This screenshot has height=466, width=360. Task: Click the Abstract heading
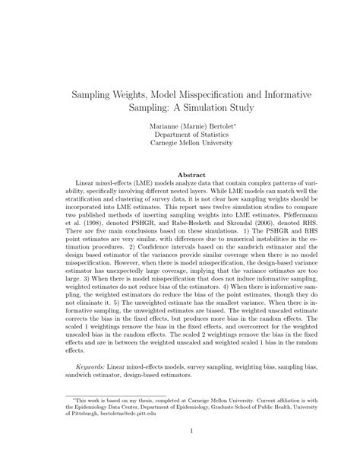pyautogui.click(x=180, y=174)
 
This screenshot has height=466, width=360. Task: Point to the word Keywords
pyautogui.click(x=90, y=365)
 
